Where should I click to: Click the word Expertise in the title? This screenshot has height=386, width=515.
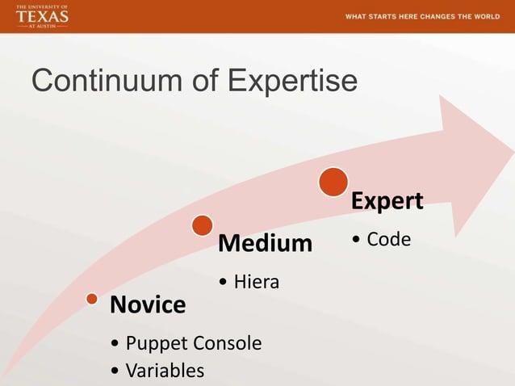[292, 82]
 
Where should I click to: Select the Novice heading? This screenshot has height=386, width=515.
[148, 305]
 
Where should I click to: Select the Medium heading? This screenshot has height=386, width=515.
[265, 242]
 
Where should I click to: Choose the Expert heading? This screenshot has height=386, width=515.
[387, 201]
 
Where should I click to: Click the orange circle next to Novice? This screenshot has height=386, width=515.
[93, 300]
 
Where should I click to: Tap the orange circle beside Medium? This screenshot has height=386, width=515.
[203, 225]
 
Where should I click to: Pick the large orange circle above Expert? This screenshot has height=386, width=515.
[333, 182]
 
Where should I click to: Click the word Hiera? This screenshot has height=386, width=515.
[256, 282]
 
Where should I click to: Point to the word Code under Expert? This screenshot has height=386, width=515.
[388, 240]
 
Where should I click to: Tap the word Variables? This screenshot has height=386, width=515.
[165, 371]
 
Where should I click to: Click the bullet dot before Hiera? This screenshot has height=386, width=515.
[223, 283]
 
